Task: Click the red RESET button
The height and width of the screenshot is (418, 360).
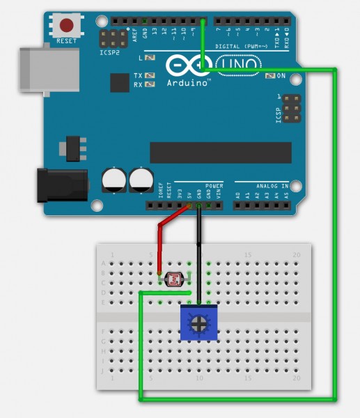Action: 67,26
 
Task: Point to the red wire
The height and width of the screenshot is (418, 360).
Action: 162,244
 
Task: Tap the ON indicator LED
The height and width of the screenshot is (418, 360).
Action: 272,75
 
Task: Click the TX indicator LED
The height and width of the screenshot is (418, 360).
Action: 151,75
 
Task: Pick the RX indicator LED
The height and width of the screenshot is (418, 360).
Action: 151,84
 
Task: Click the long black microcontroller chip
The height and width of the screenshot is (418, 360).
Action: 220,153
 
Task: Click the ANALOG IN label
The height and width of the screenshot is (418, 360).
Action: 272,186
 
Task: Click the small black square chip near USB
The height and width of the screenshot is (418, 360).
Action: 120,84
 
